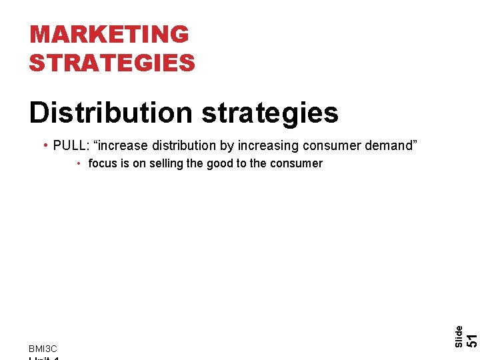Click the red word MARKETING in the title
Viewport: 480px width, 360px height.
pyautogui.click(x=109, y=34)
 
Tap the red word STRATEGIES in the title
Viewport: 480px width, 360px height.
pyautogui.click(x=112, y=63)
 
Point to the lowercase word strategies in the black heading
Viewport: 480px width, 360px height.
pyautogui.click(x=269, y=113)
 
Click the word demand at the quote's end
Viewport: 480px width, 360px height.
pyautogui.click(x=392, y=145)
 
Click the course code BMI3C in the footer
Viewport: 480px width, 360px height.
pyautogui.click(x=43, y=349)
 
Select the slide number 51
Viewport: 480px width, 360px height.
pyautogui.click(x=471, y=339)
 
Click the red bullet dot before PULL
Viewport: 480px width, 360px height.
pyautogui.click(x=44, y=145)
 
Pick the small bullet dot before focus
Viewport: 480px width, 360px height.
pyautogui.click(x=79, y=163)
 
